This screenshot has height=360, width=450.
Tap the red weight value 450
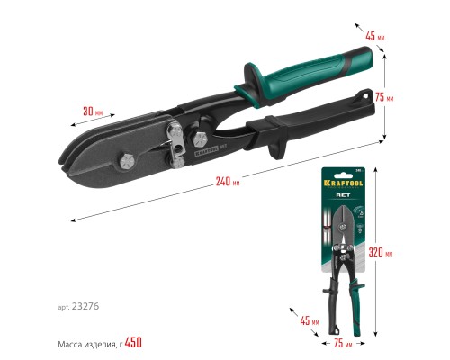coord(131,342)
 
